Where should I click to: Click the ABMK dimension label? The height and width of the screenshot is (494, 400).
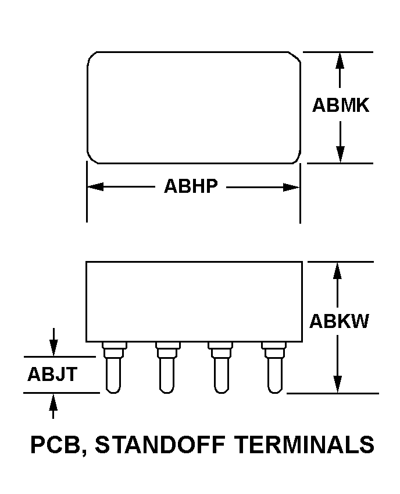coord(341,105)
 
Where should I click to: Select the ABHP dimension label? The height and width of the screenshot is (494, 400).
coord(191,186)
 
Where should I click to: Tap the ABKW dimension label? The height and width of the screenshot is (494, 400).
coord(339,322)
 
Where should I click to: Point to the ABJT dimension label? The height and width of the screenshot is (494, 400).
coord(52,374)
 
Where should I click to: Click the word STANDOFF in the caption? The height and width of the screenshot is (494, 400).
coord(160,444)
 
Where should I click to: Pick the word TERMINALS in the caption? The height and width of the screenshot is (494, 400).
coord(305,444)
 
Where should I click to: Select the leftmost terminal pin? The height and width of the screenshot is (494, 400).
coord(114,368)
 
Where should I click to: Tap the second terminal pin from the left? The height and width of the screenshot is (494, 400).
coord(167,368)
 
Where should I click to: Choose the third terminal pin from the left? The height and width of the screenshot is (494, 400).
coord(220,368)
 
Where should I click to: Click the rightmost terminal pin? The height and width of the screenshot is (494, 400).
coord(274,368)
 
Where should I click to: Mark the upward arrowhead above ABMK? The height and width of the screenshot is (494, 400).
coord(340,61)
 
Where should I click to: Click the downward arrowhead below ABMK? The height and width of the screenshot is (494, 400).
coord(340,155)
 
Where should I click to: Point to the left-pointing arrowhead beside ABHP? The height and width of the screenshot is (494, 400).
coord(95,186)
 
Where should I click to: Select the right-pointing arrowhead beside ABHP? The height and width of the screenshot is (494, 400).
coord(291,187)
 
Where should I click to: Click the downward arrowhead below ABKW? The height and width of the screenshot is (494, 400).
coord(338,384)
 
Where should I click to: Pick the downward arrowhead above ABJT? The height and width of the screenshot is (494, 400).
coord(53,348)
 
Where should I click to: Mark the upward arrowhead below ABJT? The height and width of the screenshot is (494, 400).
coord(53,402)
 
